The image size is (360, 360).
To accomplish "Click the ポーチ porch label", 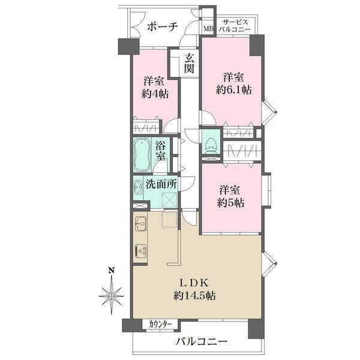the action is (x=163, y=27).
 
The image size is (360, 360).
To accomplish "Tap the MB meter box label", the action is (x=209, y=29).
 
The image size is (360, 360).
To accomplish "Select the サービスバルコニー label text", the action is (x=235, y=26).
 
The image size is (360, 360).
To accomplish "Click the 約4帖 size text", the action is (x=155, y=94).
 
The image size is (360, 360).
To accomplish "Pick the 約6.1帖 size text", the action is (x=234, y=90).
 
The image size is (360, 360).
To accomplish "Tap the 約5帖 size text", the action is (x=230, y=203).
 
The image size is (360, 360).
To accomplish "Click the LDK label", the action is (x=194, y=283).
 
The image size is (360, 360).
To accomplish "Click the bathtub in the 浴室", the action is (x=142, y=155).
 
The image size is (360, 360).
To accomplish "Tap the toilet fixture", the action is (x=211, y=145).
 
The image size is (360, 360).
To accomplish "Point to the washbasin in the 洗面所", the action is (x=138, y=188).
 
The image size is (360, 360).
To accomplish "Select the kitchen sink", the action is (x=140, y=223).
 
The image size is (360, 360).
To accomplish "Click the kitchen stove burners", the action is (x=140, y=251).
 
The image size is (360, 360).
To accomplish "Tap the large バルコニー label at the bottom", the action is (x=201, y=341).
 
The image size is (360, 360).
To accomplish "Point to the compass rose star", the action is (x=112, y=296).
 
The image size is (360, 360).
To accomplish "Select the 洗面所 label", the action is (x=161, y=184).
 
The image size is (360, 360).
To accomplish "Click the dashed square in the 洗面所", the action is (x=169, y=200).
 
